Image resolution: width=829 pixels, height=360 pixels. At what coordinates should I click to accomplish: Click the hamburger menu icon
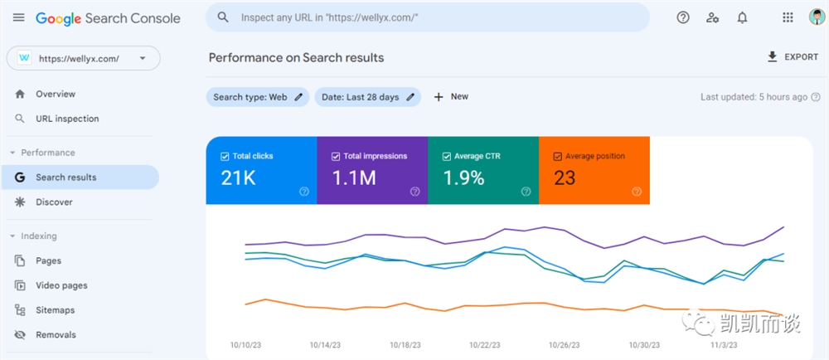[x=18, y=17]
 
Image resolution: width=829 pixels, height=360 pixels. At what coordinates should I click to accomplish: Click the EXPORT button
[x=793, y=57]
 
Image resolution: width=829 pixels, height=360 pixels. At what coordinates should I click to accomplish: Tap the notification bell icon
[x=742, y=18]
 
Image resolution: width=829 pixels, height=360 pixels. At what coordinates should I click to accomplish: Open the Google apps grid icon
[x=788, y=18]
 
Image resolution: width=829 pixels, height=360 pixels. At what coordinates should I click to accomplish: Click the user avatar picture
[x=817, y=17]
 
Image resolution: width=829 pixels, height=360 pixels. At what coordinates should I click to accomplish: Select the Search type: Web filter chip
[x=258, y=97]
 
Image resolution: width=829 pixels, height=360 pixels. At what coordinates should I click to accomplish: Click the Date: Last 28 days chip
[x=368, y=97]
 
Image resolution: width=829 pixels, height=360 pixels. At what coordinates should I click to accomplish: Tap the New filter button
[x=451, y=97]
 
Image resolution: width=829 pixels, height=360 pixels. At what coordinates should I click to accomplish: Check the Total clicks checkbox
[x=225, y=157]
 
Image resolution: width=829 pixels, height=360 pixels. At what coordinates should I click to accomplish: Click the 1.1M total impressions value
[x=354, y=178]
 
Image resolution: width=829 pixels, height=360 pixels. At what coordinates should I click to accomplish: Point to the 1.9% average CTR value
[x=463, y=178]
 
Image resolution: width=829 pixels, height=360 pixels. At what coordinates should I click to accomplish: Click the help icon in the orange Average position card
[x=637, y=192]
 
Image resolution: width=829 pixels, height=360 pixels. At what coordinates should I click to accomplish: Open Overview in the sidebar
[x=56, y=94]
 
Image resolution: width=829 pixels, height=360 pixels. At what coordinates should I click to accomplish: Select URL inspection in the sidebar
[x=67, y=119]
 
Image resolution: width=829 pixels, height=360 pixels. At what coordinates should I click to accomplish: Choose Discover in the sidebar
[x=54, y=202]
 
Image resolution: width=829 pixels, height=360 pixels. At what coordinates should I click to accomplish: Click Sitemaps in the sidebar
[x=55, y=310]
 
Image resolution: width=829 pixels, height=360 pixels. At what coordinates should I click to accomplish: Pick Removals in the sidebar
[x=56, y=334]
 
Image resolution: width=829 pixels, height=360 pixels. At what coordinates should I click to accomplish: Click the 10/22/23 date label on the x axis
[x=484, y=345]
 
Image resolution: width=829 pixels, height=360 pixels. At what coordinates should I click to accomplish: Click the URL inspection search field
[x=427, y=17]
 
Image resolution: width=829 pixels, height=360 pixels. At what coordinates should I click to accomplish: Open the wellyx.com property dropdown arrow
[x=143, y=58]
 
